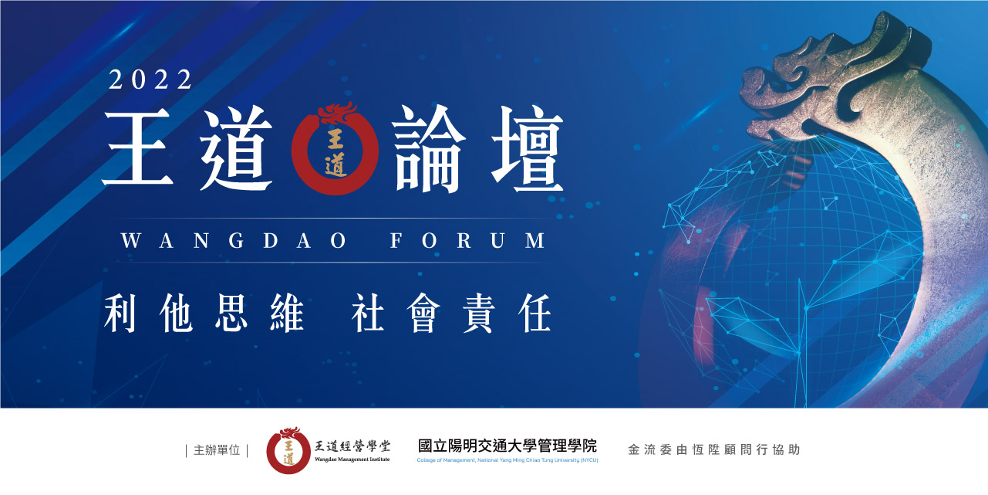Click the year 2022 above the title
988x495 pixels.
tap(150, 80)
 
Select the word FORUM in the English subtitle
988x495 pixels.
tap(468, 240)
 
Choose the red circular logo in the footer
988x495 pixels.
tap(288, 450)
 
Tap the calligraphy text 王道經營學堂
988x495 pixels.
tap(352, 446)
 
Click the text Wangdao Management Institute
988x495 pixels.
tap(352, 459)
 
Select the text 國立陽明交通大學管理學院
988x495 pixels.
tap(507, 446)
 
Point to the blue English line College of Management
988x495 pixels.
tap(507, 460)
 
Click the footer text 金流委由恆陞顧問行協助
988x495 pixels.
tap(713, 449)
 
